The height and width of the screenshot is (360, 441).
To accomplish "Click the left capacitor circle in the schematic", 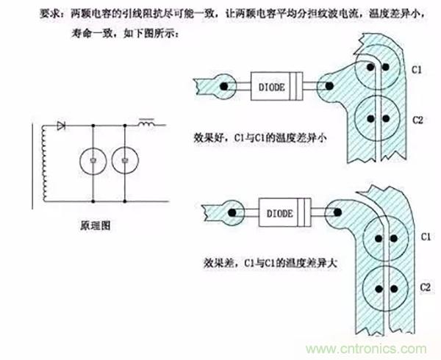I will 92,160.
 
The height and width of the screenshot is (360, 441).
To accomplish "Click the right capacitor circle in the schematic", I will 125,160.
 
